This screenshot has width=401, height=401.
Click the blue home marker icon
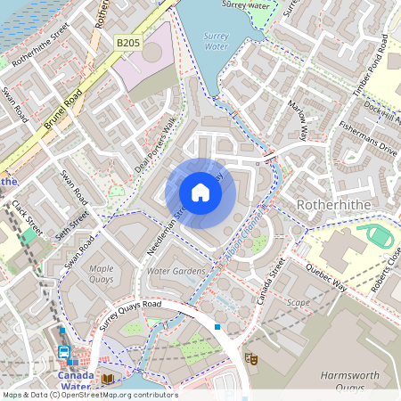(200, 192)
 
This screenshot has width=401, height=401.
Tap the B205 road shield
(128, 42)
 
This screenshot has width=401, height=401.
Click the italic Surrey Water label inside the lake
(217, 40)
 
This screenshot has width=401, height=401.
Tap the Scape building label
(299, 302)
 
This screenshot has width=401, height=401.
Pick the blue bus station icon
(65, 352)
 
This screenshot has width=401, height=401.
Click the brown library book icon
(108, 379)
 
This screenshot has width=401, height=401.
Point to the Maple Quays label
(102, 273)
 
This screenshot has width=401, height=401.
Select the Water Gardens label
(176, 271)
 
